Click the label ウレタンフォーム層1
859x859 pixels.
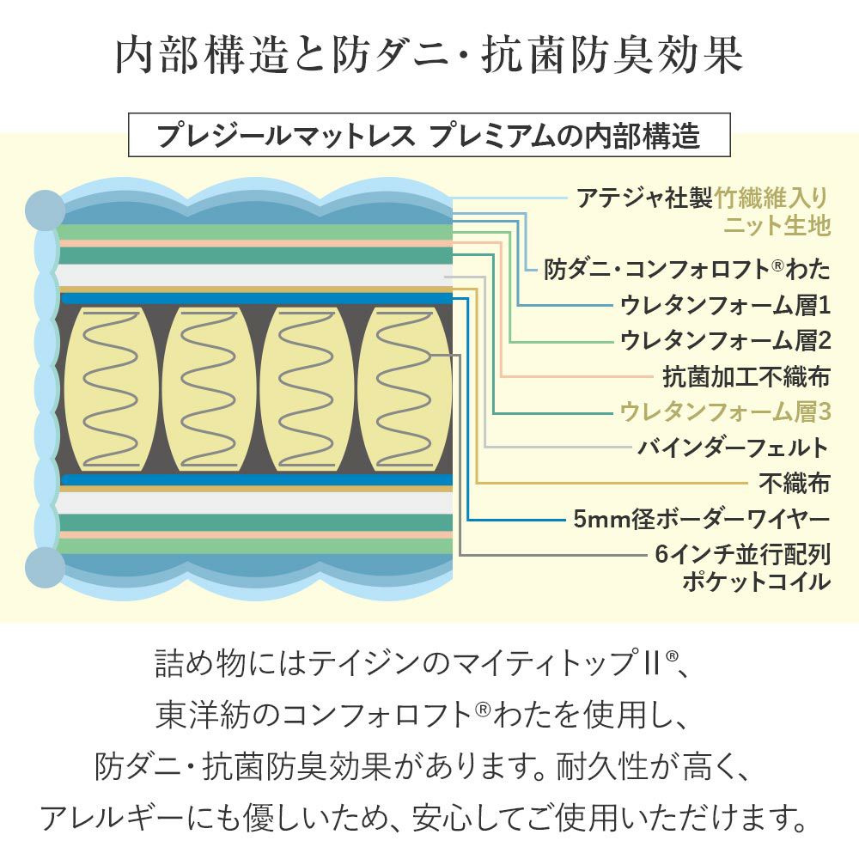725,305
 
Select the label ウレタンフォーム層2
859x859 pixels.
725,340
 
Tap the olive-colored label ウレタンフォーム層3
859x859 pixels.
725,411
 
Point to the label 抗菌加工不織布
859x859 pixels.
746,376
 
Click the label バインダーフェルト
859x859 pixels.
734,448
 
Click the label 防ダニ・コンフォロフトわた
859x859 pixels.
687,269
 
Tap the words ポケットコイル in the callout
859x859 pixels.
756,582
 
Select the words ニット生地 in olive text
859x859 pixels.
777,226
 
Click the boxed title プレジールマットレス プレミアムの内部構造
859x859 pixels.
429,136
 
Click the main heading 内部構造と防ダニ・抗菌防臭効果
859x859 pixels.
429,56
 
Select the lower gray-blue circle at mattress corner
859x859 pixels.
45,566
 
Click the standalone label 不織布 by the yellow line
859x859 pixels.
795,484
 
